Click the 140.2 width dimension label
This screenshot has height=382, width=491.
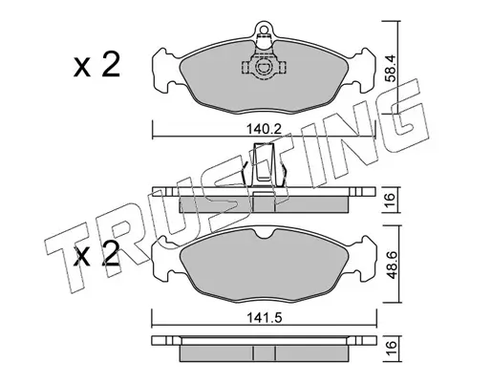[264, 130]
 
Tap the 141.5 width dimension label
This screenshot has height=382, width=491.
[264, 318]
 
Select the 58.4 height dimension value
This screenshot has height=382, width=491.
[390, 69]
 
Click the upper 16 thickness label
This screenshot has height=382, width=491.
[391, 200]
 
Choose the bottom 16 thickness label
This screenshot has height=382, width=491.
[391, 349]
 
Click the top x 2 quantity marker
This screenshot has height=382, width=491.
[96, 65]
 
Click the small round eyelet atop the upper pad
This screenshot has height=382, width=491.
[264, 30]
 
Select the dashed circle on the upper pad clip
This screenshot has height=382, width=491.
[264, 68]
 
